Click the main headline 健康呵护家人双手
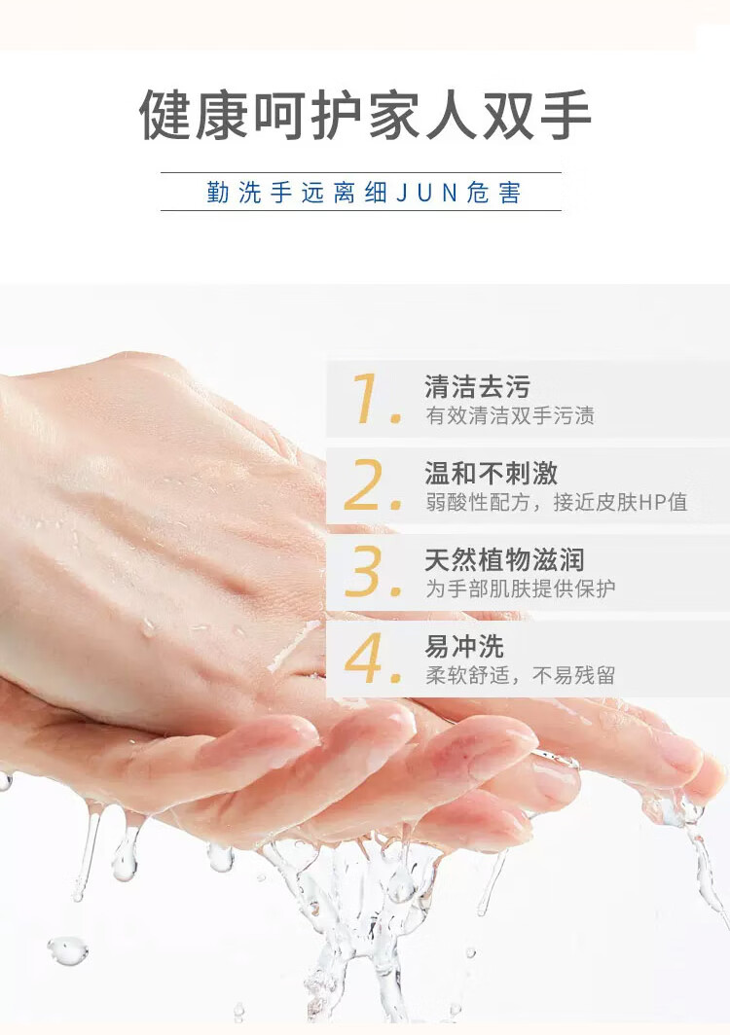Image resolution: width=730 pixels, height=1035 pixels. tap(365, 115)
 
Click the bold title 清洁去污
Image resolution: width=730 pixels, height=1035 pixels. tap(478, 387)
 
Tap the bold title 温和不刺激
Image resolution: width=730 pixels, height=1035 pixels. tap(491, 474)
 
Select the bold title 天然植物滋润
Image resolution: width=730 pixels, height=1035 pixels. tap(504, 559)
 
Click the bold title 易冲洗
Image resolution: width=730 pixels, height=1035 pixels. tap(464, 646)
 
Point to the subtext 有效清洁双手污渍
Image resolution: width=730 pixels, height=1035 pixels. tap(510, 416)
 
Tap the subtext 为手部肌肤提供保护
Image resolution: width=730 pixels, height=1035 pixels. tap(521, 589)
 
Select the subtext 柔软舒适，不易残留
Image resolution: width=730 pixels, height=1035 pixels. tap(521, 675)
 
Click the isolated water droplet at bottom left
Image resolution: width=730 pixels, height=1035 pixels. tap(67, 950)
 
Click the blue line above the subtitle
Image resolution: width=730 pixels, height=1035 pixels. tap(361, 172)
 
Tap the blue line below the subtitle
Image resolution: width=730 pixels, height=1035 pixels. tap(361, 210)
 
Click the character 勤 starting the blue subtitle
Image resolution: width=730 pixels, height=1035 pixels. tap(217, 193)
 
